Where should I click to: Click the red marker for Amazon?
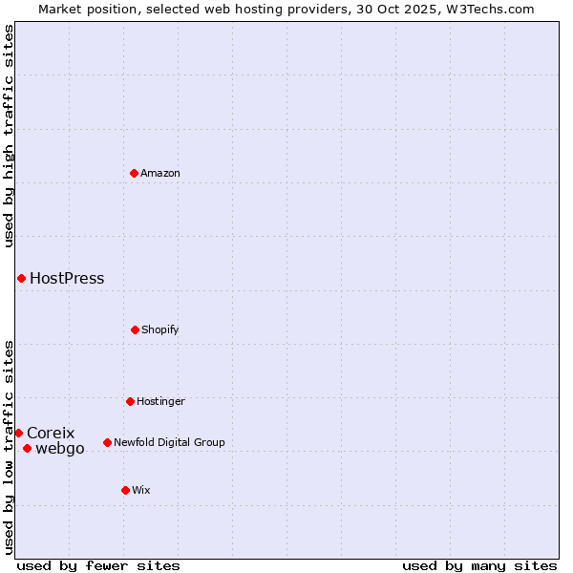click(134, 173)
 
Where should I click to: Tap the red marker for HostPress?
click(21, 278)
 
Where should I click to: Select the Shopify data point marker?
click(135, 329)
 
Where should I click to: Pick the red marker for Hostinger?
click(130, 401)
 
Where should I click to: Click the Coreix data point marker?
click(18, 433)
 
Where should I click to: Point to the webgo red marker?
click(27, 448)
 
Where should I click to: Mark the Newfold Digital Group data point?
click(107, 442)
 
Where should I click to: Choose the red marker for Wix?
click(125, 490)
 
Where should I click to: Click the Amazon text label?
click(160, 173)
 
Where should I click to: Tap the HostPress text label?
click(67, 279)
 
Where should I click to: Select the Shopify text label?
click(160, 329)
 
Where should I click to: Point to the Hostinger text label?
click(160, 401)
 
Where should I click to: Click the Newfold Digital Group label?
click(169, 442)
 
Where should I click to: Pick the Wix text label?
click(141, 490)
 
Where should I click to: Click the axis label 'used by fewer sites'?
click(98, 565)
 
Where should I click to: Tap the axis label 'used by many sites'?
click(479, 565)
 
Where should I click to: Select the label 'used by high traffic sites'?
click(9, 136)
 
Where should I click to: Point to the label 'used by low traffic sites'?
click(9, 446)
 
